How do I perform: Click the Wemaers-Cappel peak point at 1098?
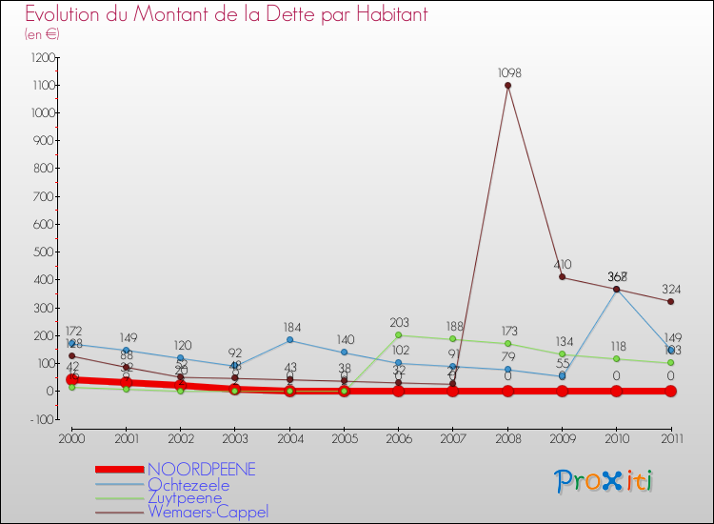click(507, 85)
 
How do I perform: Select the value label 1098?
click(508, 72)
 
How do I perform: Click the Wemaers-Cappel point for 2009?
click(562, 277)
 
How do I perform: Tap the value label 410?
click(563, 265)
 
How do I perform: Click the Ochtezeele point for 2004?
click(289, 340)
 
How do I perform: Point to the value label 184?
click(289, 328)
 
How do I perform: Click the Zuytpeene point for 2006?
click(398, 334)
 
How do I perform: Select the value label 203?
click(399, 323)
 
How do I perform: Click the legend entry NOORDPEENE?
click(201, 470)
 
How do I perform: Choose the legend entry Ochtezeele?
click(188, 485)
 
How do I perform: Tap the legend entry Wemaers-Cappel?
click(208, 512)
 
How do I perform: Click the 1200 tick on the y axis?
click(41, 57)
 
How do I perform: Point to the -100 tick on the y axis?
click(42, 419)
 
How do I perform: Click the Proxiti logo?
click(605, 481)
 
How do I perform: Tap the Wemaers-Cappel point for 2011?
click(671, 302)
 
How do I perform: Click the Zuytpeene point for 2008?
click(507, 343)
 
